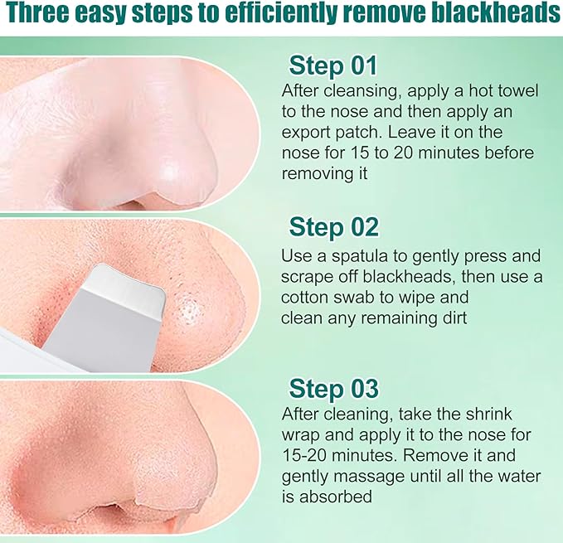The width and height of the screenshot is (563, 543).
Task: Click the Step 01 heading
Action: pos(332,65)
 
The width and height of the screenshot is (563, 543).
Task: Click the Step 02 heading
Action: pos(333,227)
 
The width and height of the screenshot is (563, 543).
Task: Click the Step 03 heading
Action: pos(333,388)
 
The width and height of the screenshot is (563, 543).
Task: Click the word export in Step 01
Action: pos(306,133)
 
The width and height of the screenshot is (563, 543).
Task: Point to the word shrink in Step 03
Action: pos(488,415)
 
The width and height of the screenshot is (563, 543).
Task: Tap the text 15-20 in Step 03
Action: pos(304,456)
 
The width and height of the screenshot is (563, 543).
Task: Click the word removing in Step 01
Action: pos(315,174)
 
